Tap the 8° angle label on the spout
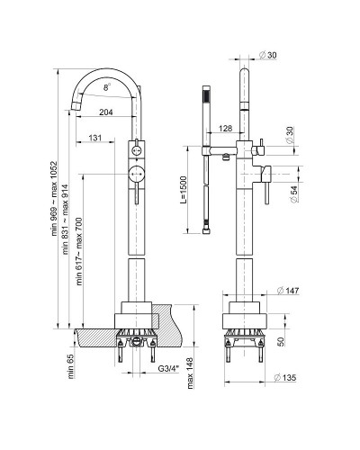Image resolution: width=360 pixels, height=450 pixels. pyautogui.click(x=108, y=87)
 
